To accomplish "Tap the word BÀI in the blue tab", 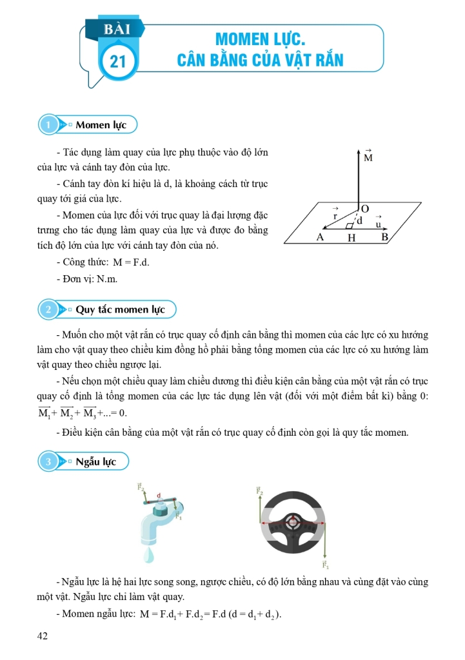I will pyautogui.click(x=117, y=29).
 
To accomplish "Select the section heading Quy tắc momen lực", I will pyautogui.click(x=120, y=309).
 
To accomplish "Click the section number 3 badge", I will pyautogui.click(x=48, y=461).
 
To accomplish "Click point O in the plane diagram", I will pyautogui.click(x=365, y=209).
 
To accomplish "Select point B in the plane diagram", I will pyautogui.click(x=385, y=237).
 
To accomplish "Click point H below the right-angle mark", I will pyautogui.click(x=351, y=238).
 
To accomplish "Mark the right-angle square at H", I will pyautogui.click(x=350, y=226).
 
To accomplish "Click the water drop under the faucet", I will pyautogui.click(x=149, y=553).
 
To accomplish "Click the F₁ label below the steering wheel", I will pyautogui.click(x=326, y=567).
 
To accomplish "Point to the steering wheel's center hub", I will pyautogui.click(x=293, y=521).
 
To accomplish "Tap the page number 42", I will pyautogui.click(x=43, y=636).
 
